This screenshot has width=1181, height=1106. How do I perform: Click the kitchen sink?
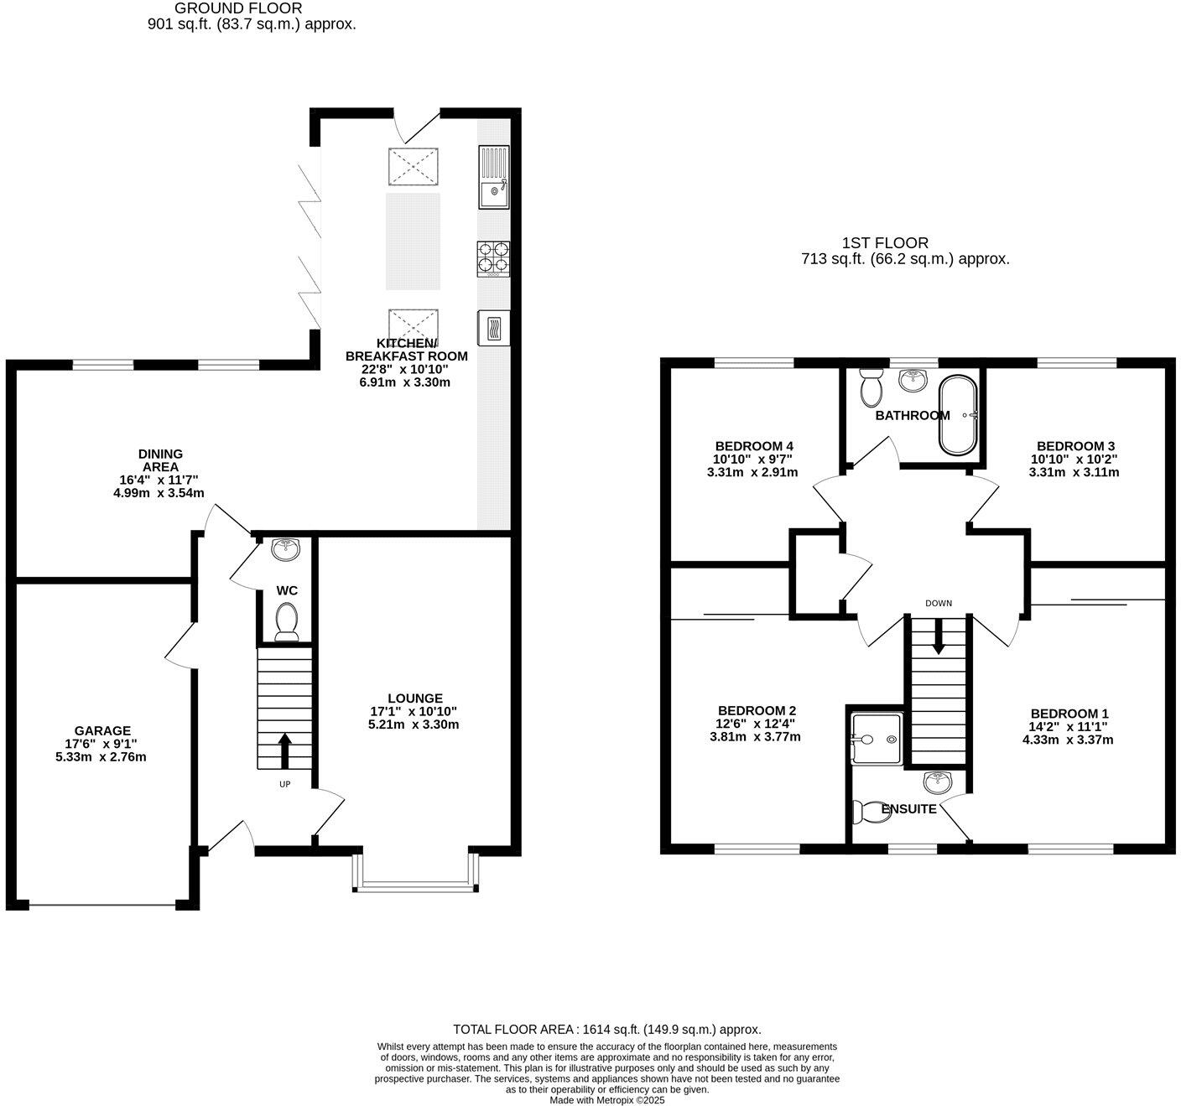pos(493,177)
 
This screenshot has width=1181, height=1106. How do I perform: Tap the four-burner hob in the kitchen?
pos(493,258)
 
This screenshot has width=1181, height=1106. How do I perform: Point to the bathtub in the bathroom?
pos(957,416)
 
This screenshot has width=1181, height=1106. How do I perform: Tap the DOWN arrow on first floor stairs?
pos(938,636)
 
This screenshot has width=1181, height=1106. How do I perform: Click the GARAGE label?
pos(102,731)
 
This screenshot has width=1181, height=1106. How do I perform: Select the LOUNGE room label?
pos(414,698)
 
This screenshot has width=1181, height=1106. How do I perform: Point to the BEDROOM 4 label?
pos(753,446)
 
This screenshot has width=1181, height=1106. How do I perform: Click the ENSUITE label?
pos(909,809)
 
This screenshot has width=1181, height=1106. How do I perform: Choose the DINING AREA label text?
pos(160,460)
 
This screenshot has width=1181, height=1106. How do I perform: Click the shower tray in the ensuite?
pos(877,739)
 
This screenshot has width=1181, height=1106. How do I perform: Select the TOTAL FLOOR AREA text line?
pos(606,1029)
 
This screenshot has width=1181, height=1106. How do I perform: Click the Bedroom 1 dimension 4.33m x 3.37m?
pos(1067,740)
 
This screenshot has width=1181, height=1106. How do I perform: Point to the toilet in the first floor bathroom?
pos(871,387)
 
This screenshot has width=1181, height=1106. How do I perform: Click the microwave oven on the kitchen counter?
pos(493,327)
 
